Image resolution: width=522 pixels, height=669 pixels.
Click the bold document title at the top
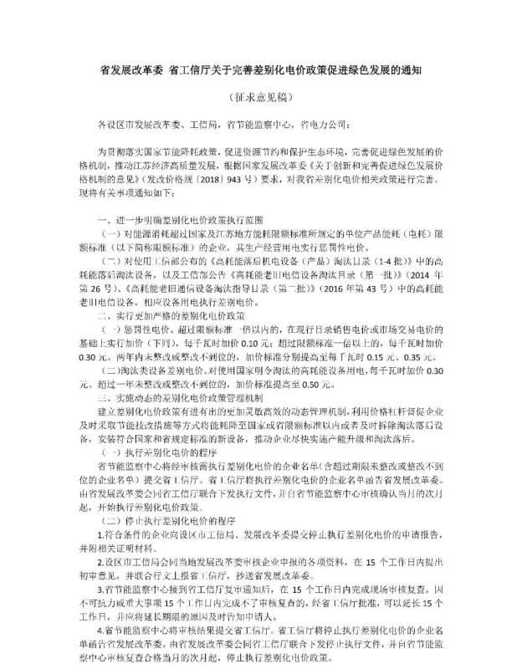click(260, 71)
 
